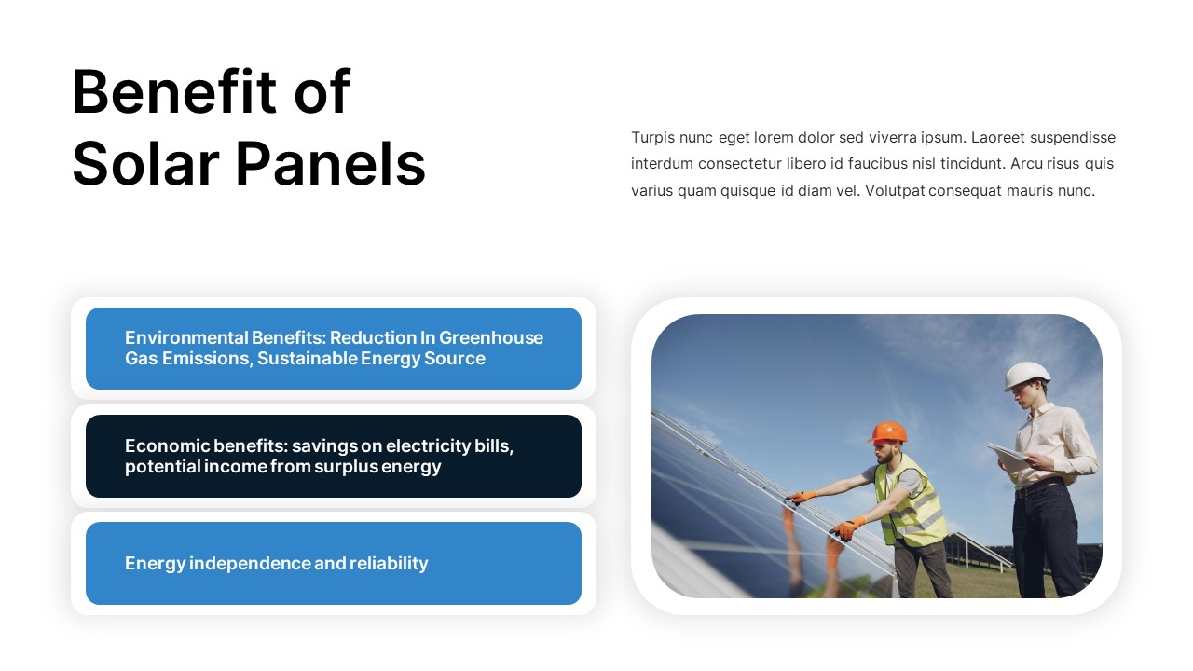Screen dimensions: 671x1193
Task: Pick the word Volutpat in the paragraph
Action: [x=895, y=191]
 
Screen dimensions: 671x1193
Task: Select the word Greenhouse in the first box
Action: [x=491, y=337]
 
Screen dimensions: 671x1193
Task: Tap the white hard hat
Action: [x=1027, y=375]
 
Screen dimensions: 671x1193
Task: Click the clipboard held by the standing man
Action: [x=1008, y=456]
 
